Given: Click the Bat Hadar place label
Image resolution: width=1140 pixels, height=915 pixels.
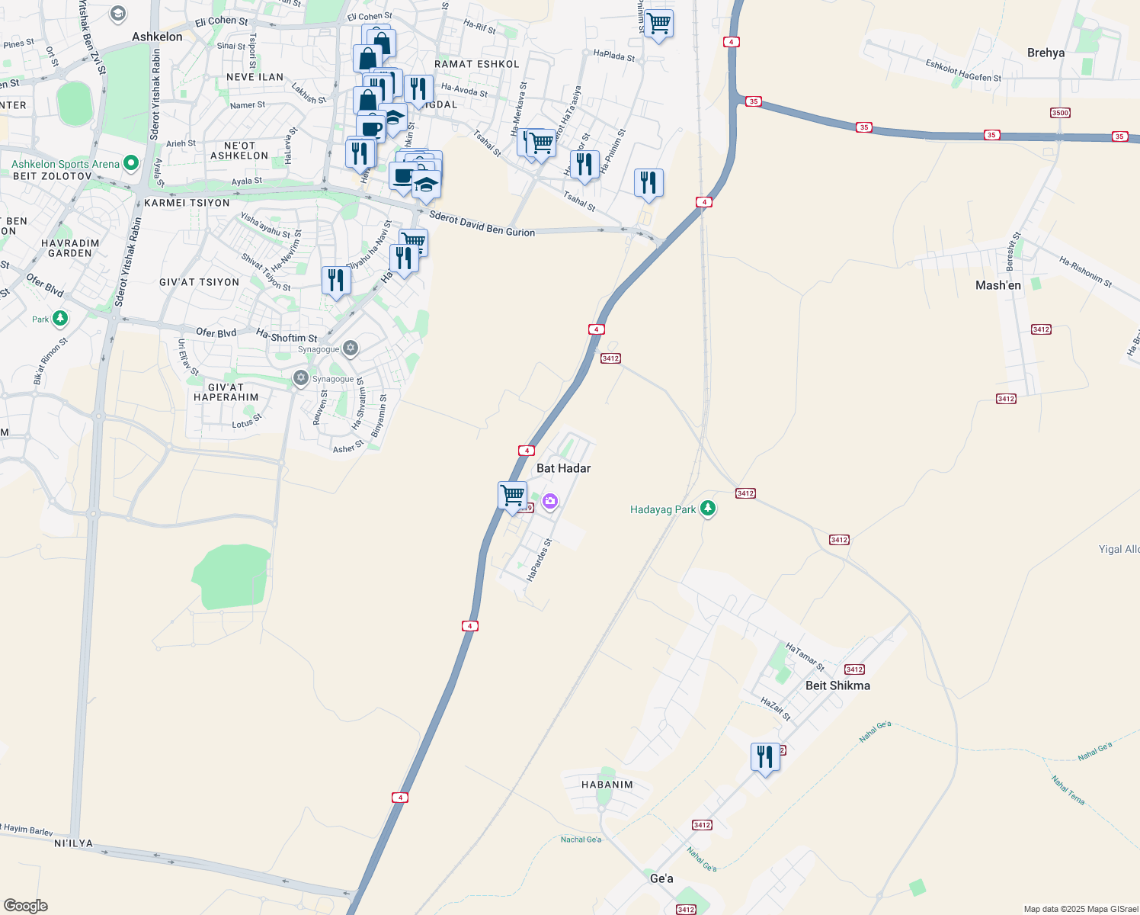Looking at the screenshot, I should click(563, 468).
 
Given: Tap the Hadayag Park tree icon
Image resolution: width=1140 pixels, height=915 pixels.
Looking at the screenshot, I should click(708, 509).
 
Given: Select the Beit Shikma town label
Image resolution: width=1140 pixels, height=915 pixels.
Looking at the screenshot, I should click(837, 685).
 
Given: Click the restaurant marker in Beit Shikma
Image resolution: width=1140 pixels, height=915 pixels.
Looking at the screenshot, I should click(765, 757).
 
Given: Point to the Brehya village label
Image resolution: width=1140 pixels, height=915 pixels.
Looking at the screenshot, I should click(1046, 53).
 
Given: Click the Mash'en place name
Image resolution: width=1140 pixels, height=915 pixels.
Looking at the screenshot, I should click(998, 285).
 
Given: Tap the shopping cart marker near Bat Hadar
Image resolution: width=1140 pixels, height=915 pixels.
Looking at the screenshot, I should click(513, 496).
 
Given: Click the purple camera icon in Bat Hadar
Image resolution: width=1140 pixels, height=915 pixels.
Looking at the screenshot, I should click(550, 501).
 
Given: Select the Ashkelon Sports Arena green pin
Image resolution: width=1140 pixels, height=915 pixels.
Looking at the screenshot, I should click(131, 163).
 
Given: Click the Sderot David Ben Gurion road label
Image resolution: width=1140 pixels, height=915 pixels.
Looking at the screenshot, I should click(482, 223).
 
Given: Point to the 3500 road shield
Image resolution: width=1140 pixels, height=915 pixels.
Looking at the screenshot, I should click(1060, 113).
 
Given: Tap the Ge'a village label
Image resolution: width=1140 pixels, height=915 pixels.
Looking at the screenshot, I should click(661, 878).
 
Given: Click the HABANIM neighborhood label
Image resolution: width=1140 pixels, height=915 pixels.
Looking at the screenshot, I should click(607, 785).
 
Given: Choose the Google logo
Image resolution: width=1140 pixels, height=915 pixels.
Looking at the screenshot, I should click(26, 906).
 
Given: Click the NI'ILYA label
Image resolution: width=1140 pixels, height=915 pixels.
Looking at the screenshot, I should click(74, 843).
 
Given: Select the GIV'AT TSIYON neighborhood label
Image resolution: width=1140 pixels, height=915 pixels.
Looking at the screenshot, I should click(199, 282).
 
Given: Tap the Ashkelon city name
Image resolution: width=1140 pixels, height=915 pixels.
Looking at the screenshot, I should click(157, 37).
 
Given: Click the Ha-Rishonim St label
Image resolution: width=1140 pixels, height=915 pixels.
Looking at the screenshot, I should click(1085, 272).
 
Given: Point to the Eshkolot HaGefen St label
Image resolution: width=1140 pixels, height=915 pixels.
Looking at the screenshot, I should click(963, 71).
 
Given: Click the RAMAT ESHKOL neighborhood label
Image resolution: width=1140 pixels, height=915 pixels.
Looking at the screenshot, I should click(476, 64).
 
